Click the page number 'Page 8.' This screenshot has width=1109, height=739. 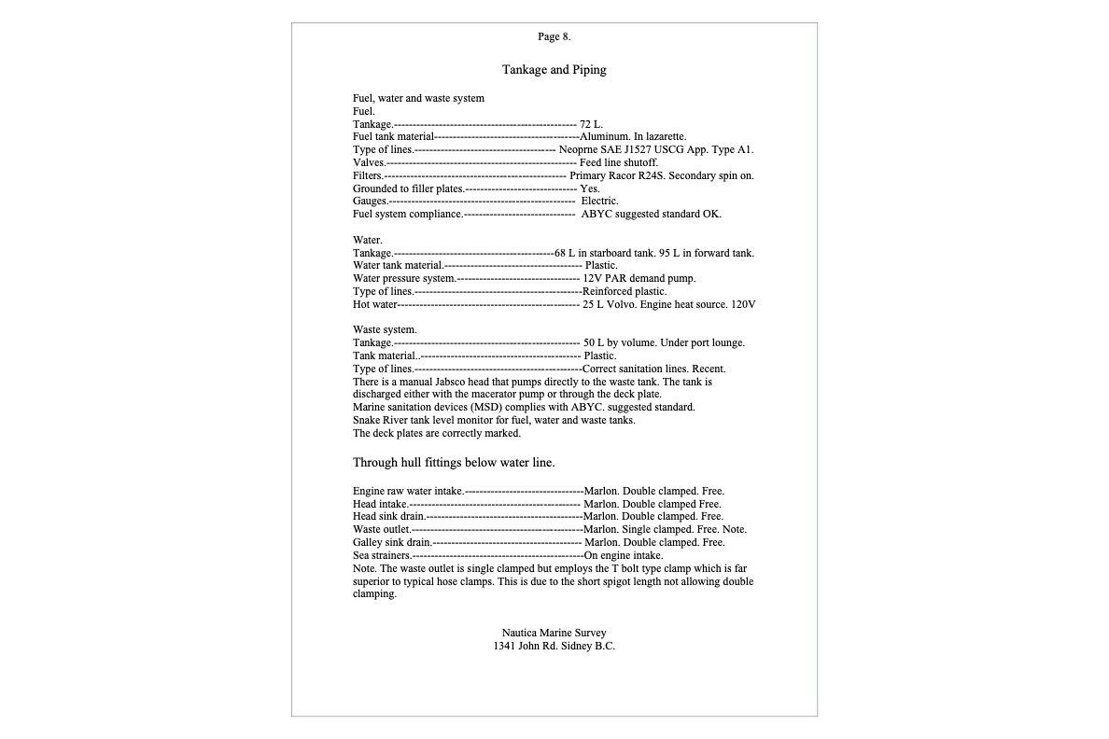point(554,37)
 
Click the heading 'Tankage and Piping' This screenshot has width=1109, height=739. point(554,70)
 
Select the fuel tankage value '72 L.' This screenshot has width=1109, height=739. point(591,124)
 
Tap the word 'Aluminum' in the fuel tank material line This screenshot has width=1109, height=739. point(604,137)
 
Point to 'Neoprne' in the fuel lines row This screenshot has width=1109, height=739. point(579,150)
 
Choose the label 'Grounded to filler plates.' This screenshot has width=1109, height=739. point(409,188)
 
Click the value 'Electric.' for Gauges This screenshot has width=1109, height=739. point(599,201)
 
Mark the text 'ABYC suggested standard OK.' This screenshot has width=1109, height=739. point(651,214)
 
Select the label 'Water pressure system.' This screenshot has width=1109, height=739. point(404,278)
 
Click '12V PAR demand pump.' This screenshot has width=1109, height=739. point(639,278)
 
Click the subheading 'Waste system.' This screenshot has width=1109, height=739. point(385,329)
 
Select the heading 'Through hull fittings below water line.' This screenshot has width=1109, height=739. point(454,463)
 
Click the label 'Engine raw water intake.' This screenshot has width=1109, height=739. point(408,491)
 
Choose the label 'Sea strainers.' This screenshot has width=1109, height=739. point(382,555)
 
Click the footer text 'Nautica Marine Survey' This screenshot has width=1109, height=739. point(554,633)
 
